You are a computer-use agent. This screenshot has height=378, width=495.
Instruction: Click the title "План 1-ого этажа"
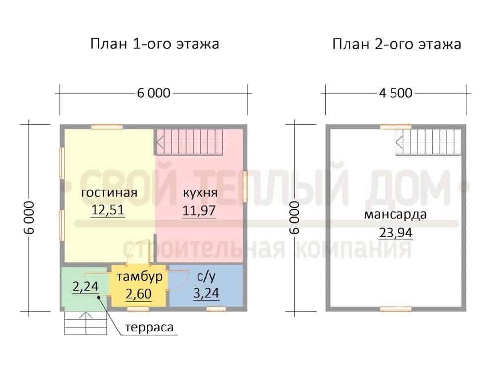154,44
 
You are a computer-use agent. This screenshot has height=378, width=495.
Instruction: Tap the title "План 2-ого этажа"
396,44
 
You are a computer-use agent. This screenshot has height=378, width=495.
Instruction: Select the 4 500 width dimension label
396,93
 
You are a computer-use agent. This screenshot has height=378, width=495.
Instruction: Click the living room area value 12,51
107,210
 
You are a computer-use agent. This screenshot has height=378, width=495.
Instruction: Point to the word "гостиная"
109,192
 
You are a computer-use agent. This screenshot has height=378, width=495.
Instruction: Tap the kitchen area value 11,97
199,210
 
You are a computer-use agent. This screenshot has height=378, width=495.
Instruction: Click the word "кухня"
200,193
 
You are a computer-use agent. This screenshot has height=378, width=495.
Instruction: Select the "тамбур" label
140,276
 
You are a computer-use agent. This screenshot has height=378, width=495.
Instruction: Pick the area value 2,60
139,294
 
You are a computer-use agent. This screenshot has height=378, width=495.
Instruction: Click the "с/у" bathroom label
206,277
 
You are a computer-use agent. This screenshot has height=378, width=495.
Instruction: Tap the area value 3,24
206,293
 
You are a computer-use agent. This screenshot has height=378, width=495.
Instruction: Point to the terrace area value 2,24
85,286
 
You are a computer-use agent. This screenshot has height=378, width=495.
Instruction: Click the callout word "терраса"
149,327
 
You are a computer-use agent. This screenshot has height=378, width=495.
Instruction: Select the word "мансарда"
395,215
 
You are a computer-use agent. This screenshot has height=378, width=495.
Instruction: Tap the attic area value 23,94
396,233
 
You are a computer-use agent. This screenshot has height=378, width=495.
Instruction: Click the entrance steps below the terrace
86,323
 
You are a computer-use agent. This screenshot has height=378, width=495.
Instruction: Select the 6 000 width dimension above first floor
154,93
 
